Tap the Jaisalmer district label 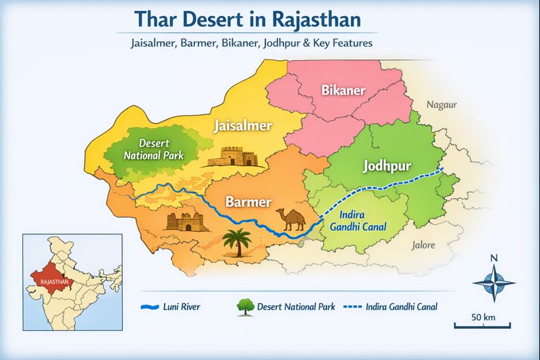point(243,126)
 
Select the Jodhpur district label point(387,166)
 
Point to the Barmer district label point(248,202)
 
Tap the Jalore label point(423,245)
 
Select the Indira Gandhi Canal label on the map point(353,221)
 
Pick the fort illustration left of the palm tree point(184,221)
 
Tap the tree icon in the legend point(244,306)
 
